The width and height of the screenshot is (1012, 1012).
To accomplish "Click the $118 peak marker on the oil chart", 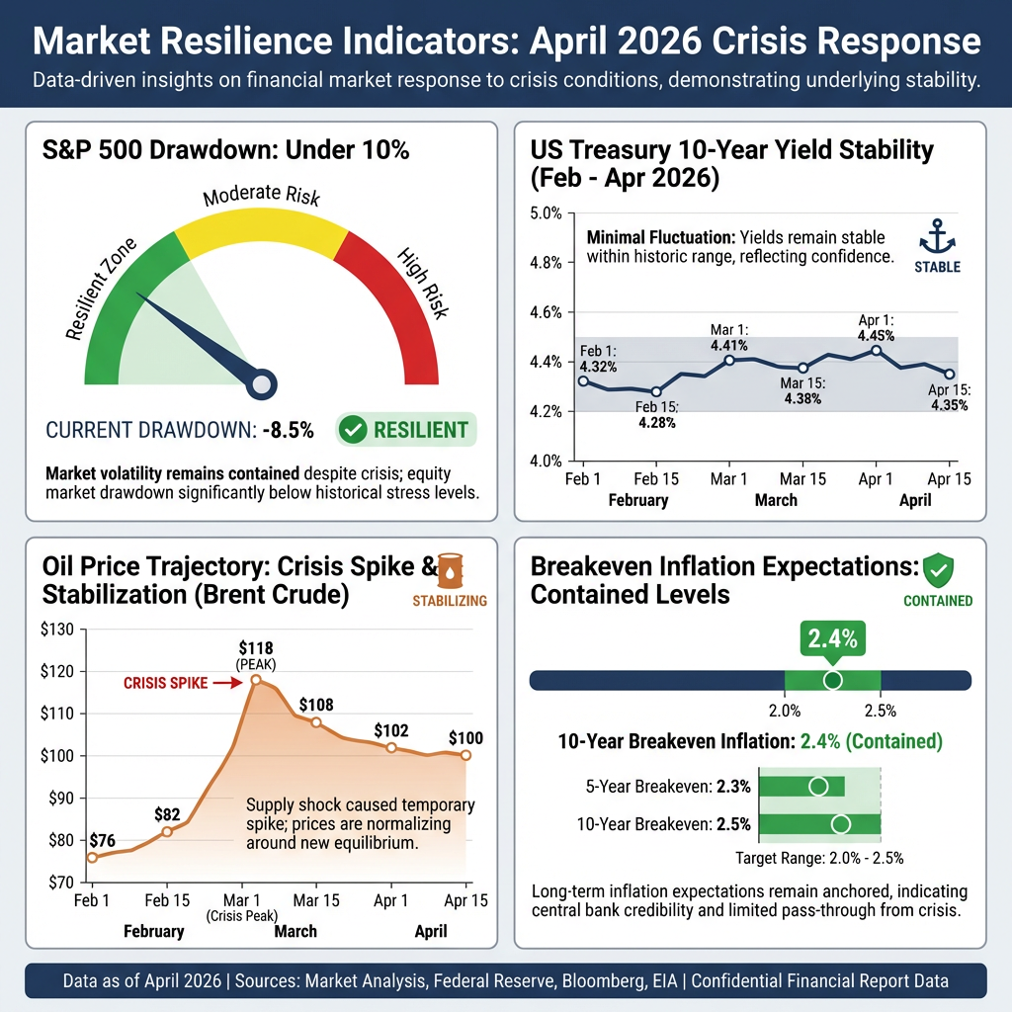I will (256, 680).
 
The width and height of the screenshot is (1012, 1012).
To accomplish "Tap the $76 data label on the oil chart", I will (102, 840).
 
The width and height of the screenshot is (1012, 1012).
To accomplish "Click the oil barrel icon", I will (450, 570).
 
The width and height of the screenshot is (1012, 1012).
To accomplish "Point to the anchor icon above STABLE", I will (936, 237).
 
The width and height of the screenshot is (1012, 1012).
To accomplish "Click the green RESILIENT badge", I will (406, 430).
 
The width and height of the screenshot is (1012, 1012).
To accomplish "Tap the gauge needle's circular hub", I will (262, 383).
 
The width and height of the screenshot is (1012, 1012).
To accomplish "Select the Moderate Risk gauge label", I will (261, 197).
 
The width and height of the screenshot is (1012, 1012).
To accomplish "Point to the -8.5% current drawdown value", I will (288, 430).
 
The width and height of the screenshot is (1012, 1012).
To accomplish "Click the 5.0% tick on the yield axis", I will (546, 213).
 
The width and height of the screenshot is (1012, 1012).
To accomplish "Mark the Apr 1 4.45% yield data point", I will (876, 350).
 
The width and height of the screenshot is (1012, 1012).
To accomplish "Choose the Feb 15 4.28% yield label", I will (657, 415).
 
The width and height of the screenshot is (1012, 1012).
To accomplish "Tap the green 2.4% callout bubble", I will (832, 638).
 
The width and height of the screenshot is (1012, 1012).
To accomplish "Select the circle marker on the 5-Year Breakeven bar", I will (817, 787).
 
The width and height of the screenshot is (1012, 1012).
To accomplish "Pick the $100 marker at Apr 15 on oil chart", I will (465, 756).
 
